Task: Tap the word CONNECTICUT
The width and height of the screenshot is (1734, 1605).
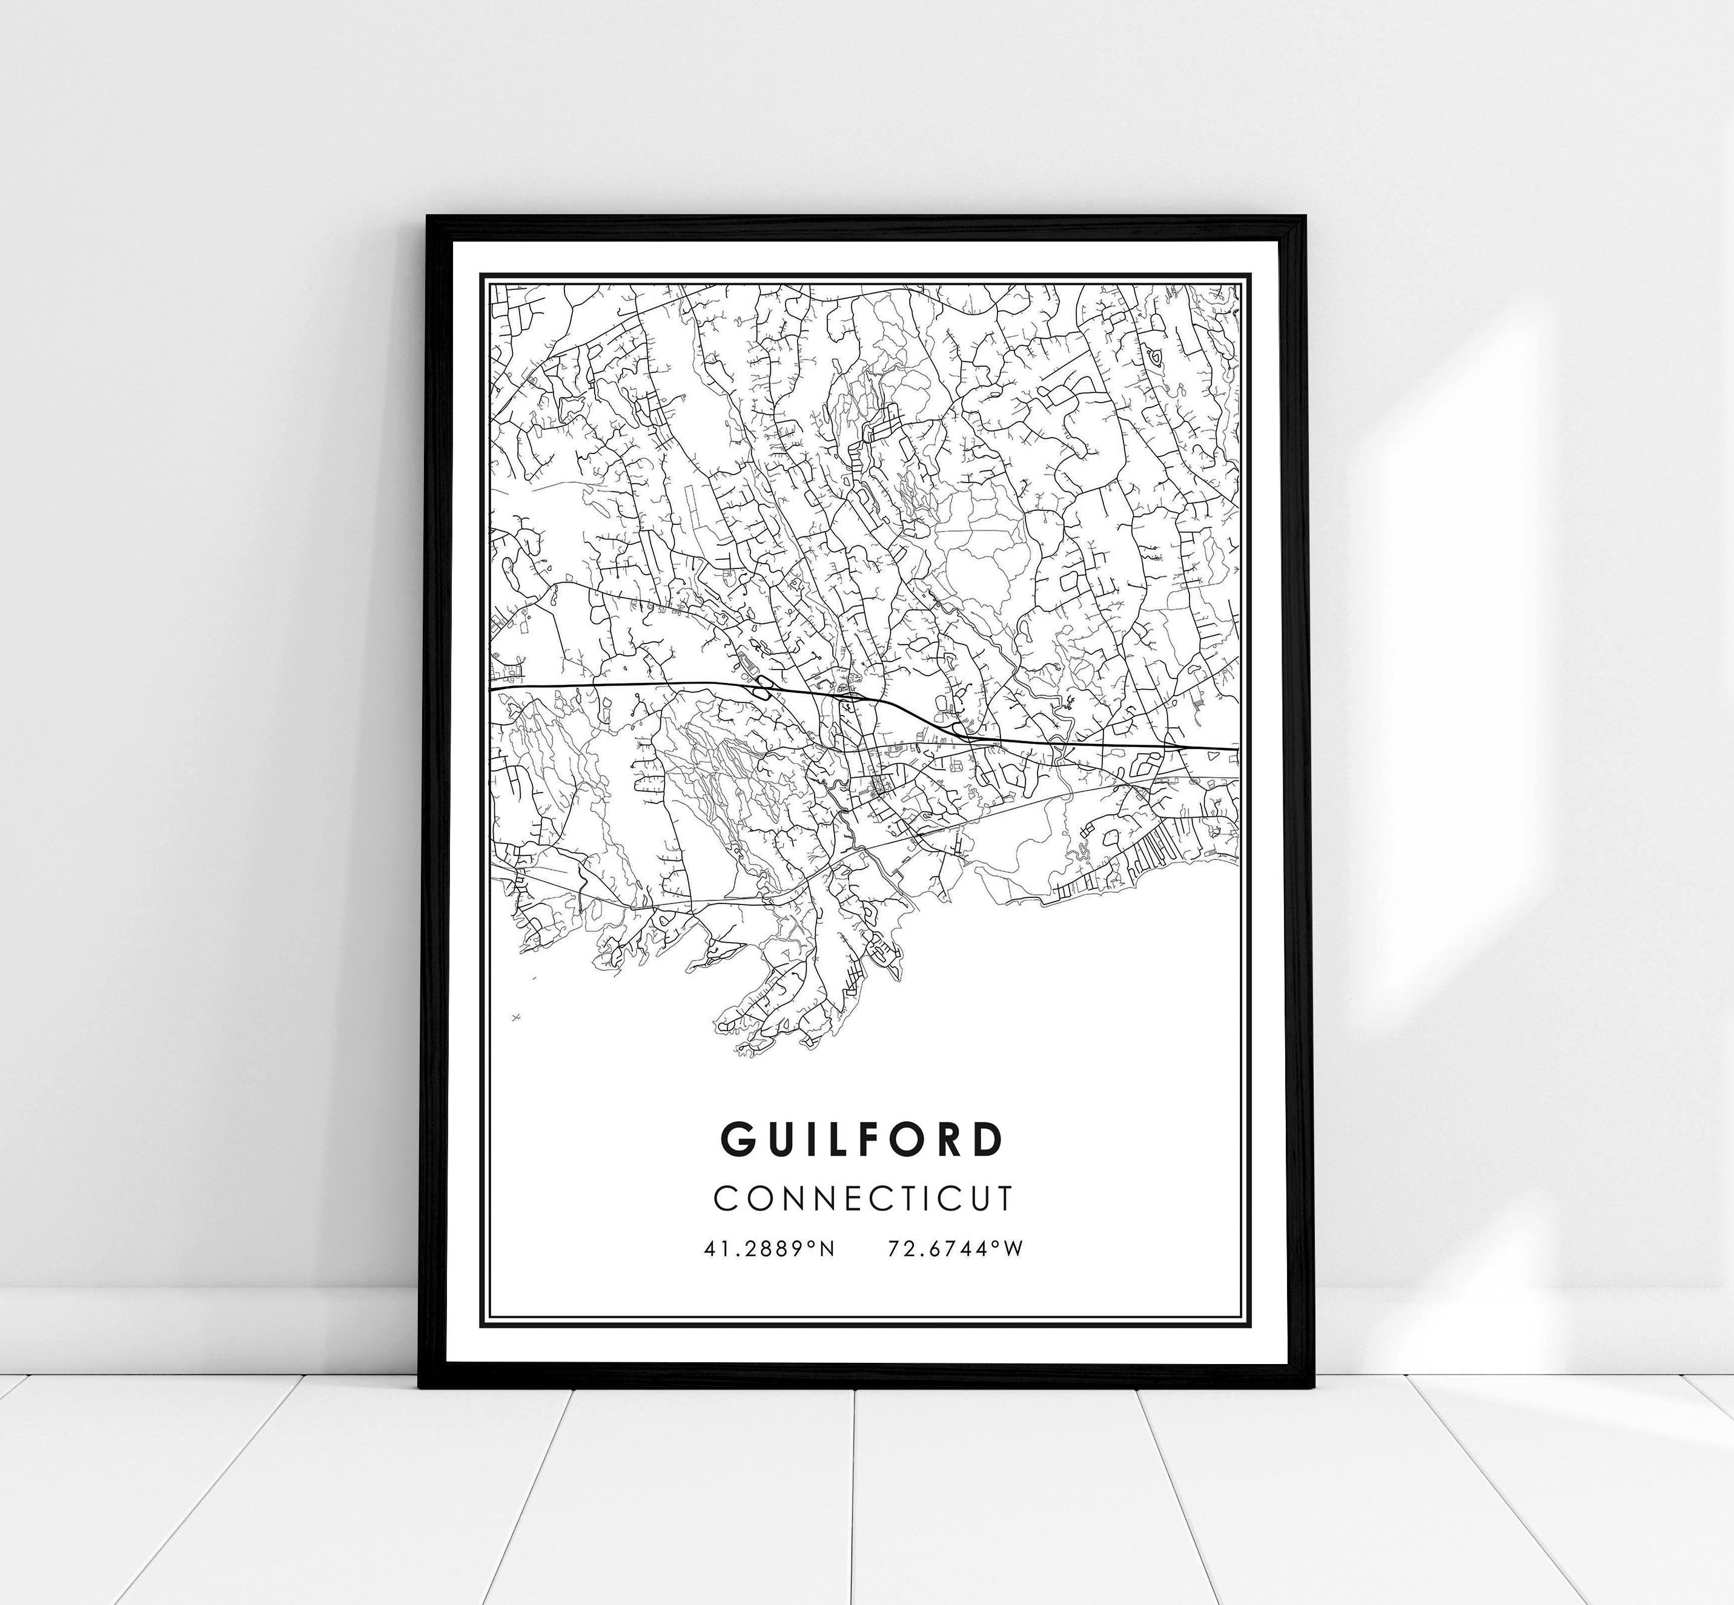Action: click(x=862, y=1198)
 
